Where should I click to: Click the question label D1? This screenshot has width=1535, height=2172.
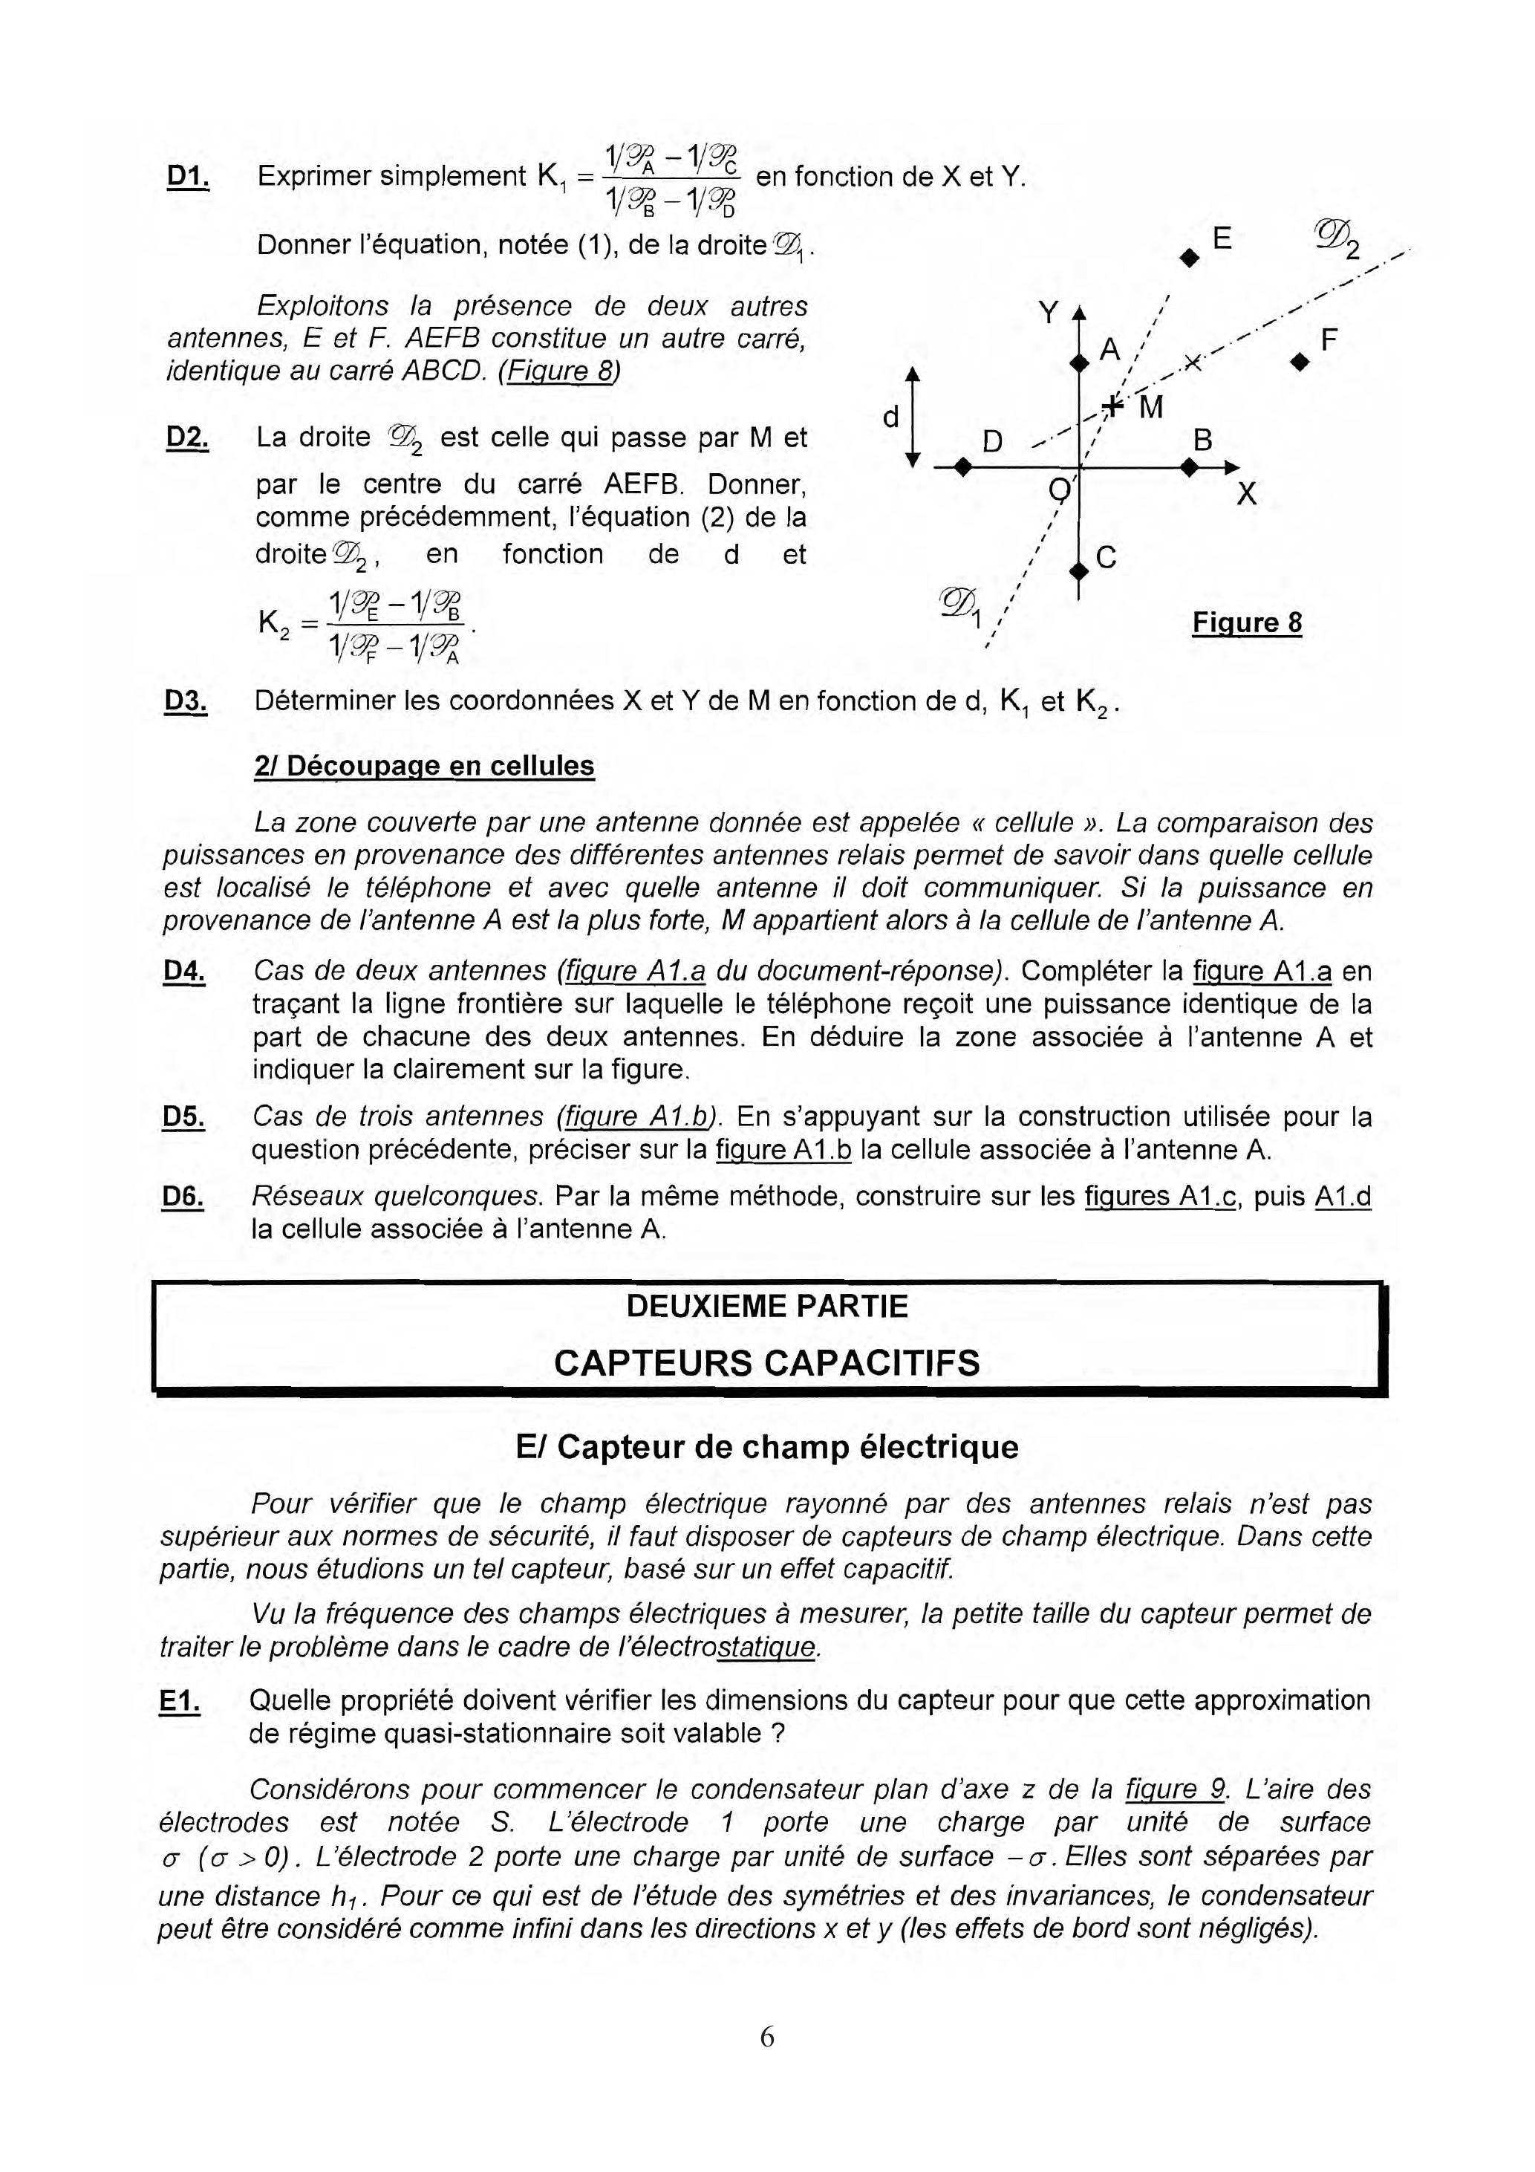coord(187,177)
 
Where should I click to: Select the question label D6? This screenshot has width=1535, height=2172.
coord(183,1197)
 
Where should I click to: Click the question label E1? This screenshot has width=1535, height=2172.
coord(180,1701)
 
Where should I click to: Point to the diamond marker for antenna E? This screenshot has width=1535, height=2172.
coord(1189,256)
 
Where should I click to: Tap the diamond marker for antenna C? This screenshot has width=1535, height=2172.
coord(1078,570)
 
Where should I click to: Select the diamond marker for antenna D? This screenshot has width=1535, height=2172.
coord(962,467)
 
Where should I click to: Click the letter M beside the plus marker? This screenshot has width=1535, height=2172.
coord(1151,408)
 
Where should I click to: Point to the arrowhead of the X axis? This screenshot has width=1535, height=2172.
coord(1231,467)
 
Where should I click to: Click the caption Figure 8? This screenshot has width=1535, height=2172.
coord(1247,622)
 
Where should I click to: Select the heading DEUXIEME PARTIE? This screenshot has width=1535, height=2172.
coord(766,1307)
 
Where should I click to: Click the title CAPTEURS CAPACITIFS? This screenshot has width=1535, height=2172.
coord(766,1363)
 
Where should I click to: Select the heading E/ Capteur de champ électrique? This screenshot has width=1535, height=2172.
coord(767,1447)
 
